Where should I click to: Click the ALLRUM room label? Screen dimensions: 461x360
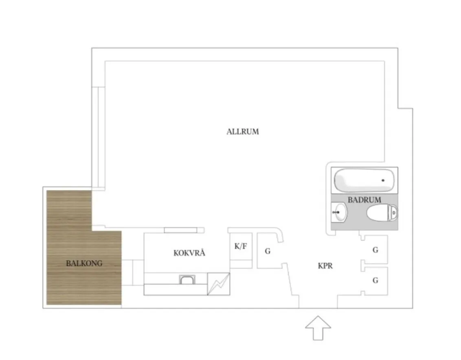coord(243,132)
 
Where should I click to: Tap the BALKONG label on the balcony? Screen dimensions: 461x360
coord(84,263)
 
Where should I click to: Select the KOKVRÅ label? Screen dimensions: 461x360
coord(189,252)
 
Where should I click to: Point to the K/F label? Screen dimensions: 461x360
coord(241,246)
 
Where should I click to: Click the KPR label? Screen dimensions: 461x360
coord(325,266)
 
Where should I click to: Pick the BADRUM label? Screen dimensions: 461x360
coord(364,200)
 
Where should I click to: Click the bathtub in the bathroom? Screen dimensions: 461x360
coord(364,180)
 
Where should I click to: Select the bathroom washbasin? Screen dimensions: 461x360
coord(339,212)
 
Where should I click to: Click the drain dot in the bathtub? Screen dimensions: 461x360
coord(383,180)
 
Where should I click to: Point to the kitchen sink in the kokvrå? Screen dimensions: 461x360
coord(187,279)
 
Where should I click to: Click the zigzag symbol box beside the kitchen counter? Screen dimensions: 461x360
coord(218,284)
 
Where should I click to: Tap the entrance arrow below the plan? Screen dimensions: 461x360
coord(318,328)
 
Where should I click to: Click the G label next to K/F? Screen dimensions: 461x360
coord(268,251)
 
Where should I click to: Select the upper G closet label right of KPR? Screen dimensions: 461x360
coord(375,250)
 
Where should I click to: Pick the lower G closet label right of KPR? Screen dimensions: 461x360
coord(375,280)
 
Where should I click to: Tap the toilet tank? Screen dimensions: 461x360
coord(393,212)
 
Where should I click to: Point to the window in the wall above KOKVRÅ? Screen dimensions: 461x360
coord(180,230)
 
